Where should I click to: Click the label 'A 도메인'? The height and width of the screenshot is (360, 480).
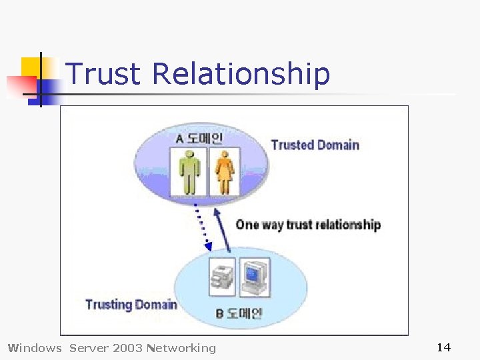[x=199, y=139]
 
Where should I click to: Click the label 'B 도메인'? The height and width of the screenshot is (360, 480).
[x=239, y=313]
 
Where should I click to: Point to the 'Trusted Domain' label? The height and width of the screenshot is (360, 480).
[x=315, y=145]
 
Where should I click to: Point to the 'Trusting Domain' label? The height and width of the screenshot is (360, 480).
[x=131, y=305]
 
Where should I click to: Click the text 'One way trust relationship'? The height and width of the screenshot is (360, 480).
[x=308, y=225]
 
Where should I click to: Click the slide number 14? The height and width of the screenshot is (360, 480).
[x=443, y=347]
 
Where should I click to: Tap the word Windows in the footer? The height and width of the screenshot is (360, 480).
[x=34, y=347]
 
